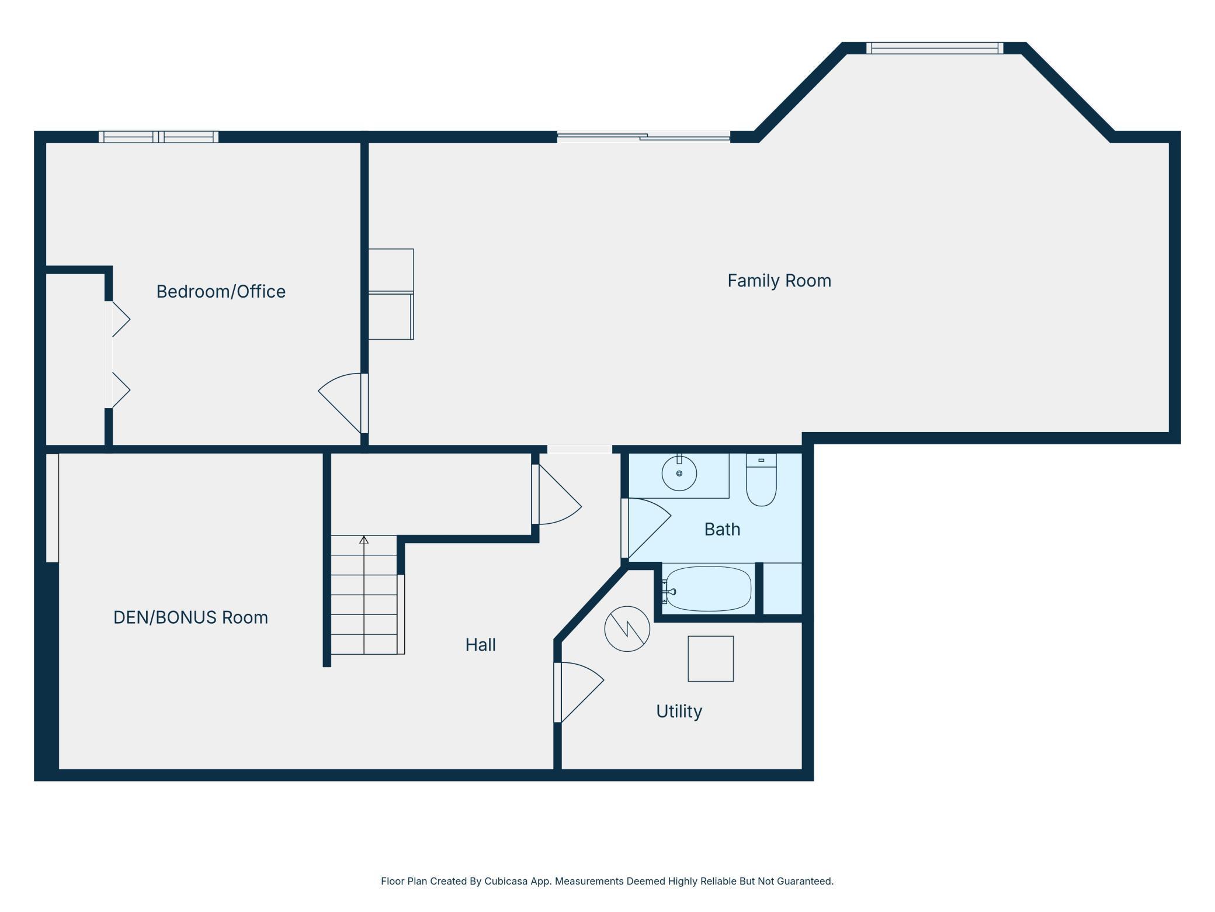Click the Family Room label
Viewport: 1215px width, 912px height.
[779, 281]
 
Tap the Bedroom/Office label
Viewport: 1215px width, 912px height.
[221, 291]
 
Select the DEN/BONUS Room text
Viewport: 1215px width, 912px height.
[190, 617]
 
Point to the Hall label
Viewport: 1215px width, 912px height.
[480, 645]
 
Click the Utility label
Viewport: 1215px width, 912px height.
[679, 711]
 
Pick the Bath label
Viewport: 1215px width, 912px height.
[722, 529]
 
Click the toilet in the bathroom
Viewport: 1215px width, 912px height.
[761, 479]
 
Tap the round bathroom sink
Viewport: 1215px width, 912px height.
[679, 473]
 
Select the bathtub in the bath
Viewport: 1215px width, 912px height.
[708, 589]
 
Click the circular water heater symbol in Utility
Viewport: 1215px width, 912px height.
[627, 628]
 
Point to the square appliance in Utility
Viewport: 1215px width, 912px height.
[710, 659]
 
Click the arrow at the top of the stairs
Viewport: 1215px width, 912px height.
[364, 540]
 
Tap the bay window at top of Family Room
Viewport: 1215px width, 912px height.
[935, 48]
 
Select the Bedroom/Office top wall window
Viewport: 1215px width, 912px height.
[158, 137]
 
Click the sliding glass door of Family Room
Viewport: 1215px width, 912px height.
[644, 137]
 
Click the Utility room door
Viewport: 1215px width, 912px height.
[578, 692]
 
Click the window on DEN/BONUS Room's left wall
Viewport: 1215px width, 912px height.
[52, 508]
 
